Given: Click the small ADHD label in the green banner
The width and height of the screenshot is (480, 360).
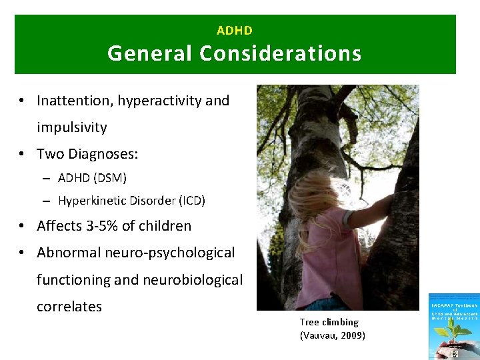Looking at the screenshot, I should click(235, 31).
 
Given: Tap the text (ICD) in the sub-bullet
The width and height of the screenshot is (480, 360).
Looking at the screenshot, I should click(191, 200).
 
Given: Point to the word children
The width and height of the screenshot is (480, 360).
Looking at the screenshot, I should click(167, 226).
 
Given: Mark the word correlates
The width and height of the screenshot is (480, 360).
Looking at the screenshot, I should click(69, 307).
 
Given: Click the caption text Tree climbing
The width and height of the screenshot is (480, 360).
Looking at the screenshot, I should click(329, 322).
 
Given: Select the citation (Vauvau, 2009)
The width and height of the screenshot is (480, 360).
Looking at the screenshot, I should click(333, 335).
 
